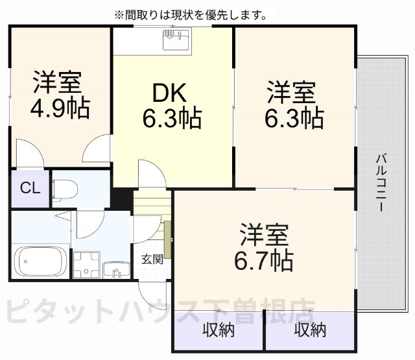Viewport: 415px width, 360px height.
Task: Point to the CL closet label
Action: (29, 189)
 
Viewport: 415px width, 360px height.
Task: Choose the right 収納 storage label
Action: (309, 330)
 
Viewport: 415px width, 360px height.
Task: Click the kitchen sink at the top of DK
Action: (176, 40)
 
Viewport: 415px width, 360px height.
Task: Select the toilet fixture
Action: (65, 189)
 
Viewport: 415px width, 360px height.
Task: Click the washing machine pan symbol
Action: (86, 264)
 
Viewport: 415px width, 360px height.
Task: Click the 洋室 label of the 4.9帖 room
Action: (58, 82)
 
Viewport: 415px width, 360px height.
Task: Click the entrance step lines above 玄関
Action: (152, 203)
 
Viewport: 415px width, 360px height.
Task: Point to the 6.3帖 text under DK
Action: (172, 117)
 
